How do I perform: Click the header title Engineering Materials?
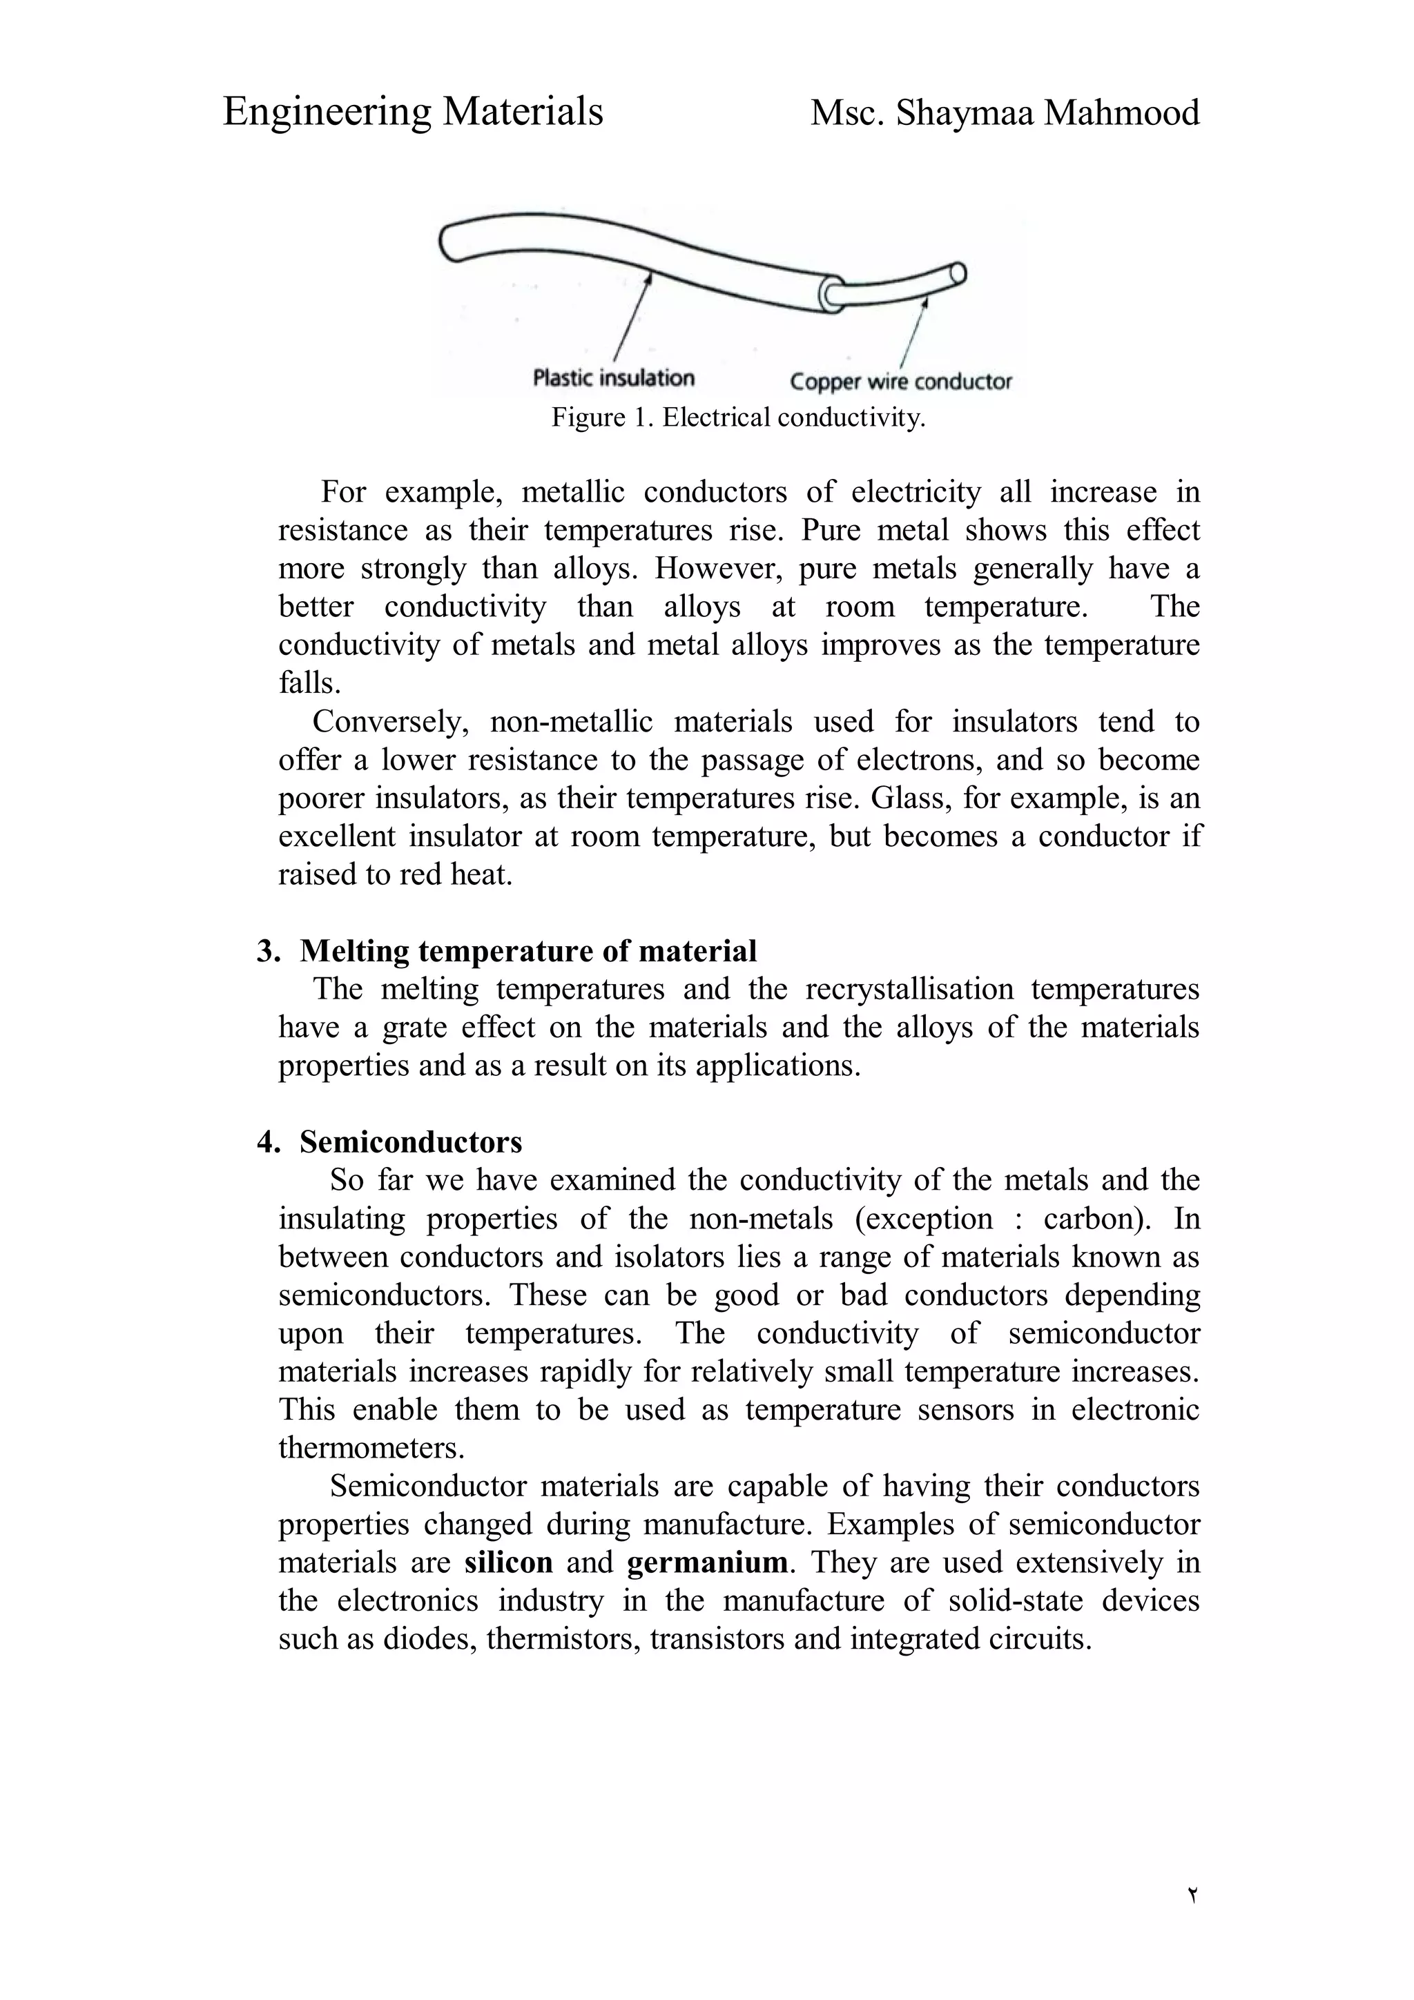(x=412, y=112)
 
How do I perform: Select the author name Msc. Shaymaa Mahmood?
(x=1005, y=113)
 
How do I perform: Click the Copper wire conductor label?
(x=900, y=382)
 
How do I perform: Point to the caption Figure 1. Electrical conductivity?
(x=737, y=418)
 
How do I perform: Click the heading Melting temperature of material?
(x=528, y=950)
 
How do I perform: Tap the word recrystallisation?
(x=909, y=989)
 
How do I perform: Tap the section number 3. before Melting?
(x=269, y=950)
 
